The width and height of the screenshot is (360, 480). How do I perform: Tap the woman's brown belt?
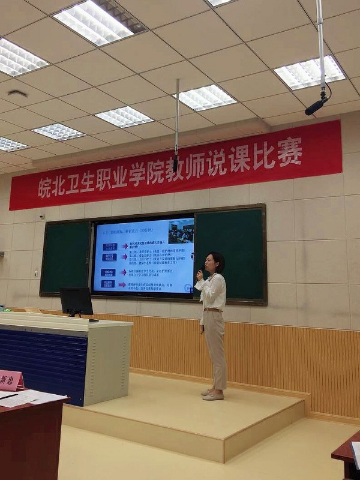point(212,310)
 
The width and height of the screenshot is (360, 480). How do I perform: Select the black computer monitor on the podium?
point(76,301)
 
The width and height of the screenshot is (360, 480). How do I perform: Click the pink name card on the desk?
point(10,380)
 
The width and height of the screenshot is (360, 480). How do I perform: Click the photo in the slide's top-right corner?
point(181,231)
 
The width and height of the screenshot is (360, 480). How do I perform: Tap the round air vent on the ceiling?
point(17,94)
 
